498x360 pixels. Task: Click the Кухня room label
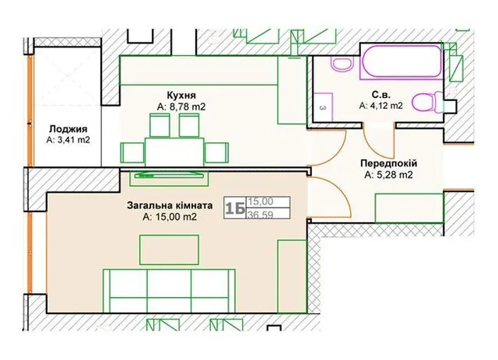click(x=181, y=95)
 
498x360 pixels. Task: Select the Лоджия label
click(x=68, y=129)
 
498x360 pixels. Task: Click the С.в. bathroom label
click(x=381, y=95)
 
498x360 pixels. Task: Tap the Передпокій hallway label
click(x=388, y=163)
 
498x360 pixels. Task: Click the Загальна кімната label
click(x=170, y=205)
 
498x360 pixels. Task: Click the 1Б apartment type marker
click(x=235, y=208)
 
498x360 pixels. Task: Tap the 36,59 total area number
click(x=261, y=215)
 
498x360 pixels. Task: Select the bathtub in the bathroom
click(x=402, y=62)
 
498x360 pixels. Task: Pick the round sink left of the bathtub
click(x=342, y=64)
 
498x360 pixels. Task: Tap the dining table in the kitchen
click(x=174, y=152)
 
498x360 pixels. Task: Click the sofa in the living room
click(x=170, y=291)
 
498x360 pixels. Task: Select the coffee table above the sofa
click(x=170, y=250)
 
